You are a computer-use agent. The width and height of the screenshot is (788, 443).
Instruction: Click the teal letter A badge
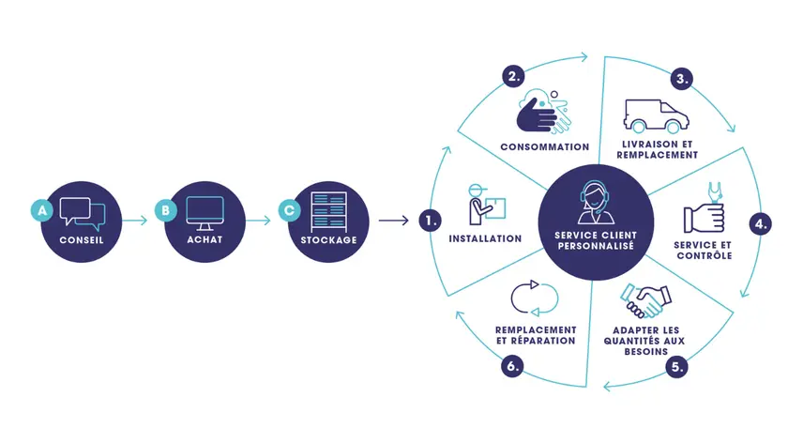[40, 211]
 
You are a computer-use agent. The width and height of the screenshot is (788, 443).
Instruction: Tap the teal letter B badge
[166, 211]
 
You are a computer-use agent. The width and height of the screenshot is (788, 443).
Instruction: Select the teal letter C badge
[290, 211]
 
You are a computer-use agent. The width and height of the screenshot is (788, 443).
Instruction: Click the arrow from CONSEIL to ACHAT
[135, 221]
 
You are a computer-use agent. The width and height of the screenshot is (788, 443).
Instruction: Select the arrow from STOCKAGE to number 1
[392, 221]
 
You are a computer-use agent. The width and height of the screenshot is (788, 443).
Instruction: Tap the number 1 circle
[431, 221]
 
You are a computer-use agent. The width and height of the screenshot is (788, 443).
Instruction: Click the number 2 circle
[513, 78]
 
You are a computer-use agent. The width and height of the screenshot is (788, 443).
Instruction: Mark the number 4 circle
[762, 224]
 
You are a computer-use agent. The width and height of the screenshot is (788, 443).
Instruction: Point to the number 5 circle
[676, 368]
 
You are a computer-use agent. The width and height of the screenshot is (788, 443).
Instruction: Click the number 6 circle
[512, 367]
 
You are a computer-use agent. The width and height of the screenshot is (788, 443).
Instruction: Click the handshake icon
[644, 301]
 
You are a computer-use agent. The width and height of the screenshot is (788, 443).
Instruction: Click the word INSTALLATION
[485, 239]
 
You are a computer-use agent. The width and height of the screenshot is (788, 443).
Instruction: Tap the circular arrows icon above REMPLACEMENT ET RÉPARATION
[534, 298]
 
